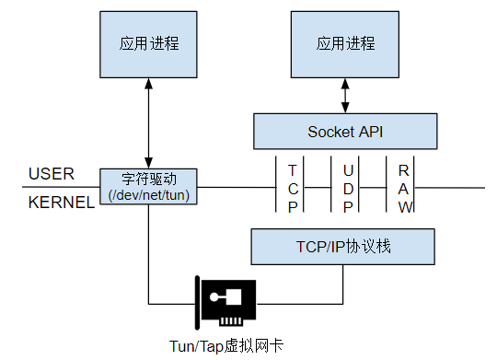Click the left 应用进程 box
(x=148, y=44)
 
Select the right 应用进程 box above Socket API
(x=346, y=44)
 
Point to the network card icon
(x=226, y=301)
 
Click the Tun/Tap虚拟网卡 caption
(x=226, y=346)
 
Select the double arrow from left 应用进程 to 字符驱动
(x=148, y=122)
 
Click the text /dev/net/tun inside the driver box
(x=149, y=194)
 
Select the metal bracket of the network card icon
(x=198, y=301)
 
